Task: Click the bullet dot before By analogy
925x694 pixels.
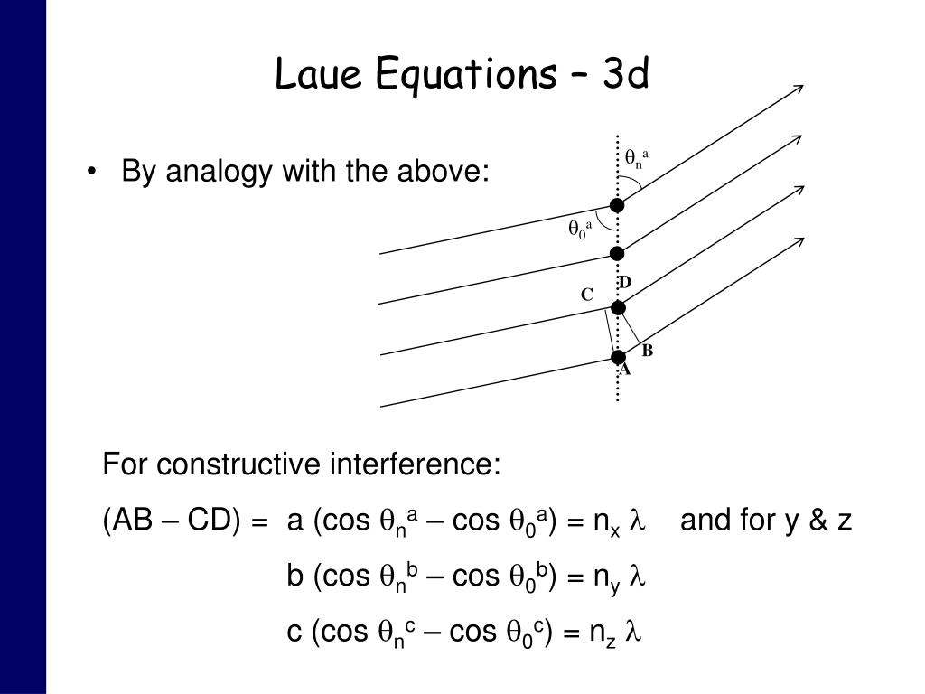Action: [x=93, y=171]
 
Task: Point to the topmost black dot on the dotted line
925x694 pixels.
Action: [x=617, y=205]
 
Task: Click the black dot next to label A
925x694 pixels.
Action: [x=619, y=357]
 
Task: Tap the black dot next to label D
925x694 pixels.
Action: [x=619, y=307]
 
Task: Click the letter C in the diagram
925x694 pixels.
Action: [x=586, y=295]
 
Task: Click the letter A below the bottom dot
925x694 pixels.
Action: [x=624, y=370]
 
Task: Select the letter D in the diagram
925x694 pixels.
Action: [x=624, y=284]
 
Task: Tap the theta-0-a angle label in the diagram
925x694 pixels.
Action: [x=579, y=230]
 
